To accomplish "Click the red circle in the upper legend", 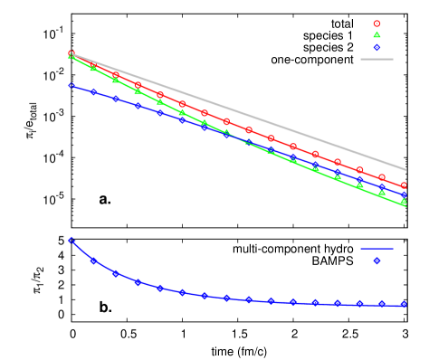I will click(377, 24).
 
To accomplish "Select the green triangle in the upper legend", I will click(377, 34).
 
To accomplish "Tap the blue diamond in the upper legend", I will click(377, 47).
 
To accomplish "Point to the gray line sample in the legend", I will click(377, 59).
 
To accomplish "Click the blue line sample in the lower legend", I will click(377, 248).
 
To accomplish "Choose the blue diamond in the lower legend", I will click(377, 261).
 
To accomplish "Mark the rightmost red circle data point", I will click(404, 185).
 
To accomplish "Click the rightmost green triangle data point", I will click(404, 202).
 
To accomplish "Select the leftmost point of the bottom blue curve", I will click(71, 240).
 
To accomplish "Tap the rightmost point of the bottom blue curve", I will click(404, 305).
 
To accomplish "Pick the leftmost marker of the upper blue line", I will click(71, 85).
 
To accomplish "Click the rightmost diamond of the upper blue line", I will click(404, 194).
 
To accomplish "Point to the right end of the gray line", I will click(405, 169).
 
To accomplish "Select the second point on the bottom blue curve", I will click(93, 261).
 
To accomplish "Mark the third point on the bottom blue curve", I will click(115, 273).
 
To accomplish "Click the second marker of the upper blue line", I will click(93, 91).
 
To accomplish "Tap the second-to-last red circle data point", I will click(382, 177).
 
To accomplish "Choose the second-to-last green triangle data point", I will click(382, 193).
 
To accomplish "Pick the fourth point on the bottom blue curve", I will click(138, 282).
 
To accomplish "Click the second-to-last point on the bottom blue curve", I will click(381, 304).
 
